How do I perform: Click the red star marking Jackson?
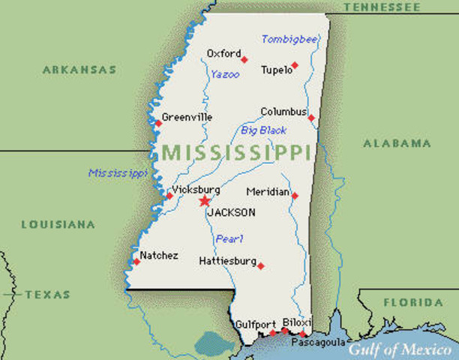pyautogui.click(x=205, y=201)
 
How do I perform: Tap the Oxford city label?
pyautogui.click(x=223, y=53)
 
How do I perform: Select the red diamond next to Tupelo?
pyautogui.click(x=295, y=65)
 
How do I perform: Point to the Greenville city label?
pyautogui.click(x=187, y=117)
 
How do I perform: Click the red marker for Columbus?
pyautogui.click(x=311, y=117)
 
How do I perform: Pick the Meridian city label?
pyautogui.click(x=267, y=192)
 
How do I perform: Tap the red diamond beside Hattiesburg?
pyautogui.click(x=260, y=265)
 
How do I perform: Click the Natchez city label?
pyautogui.click(x=160, y=256)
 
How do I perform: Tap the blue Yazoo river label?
pyautogui.click(x=224, y=74)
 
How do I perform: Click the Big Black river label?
pyautogui.click(x=263, y=130)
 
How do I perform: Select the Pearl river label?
pyautogui.click(x=229, y=238)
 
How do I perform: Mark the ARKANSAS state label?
pyautogui.click(x=79, y=70)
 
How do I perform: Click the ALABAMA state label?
pyautogui.click(x=397, y=142)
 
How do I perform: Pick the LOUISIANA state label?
pyautogui.click(x=58, y=224)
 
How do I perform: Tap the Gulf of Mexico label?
pyautogui.click(x=399, y=349)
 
